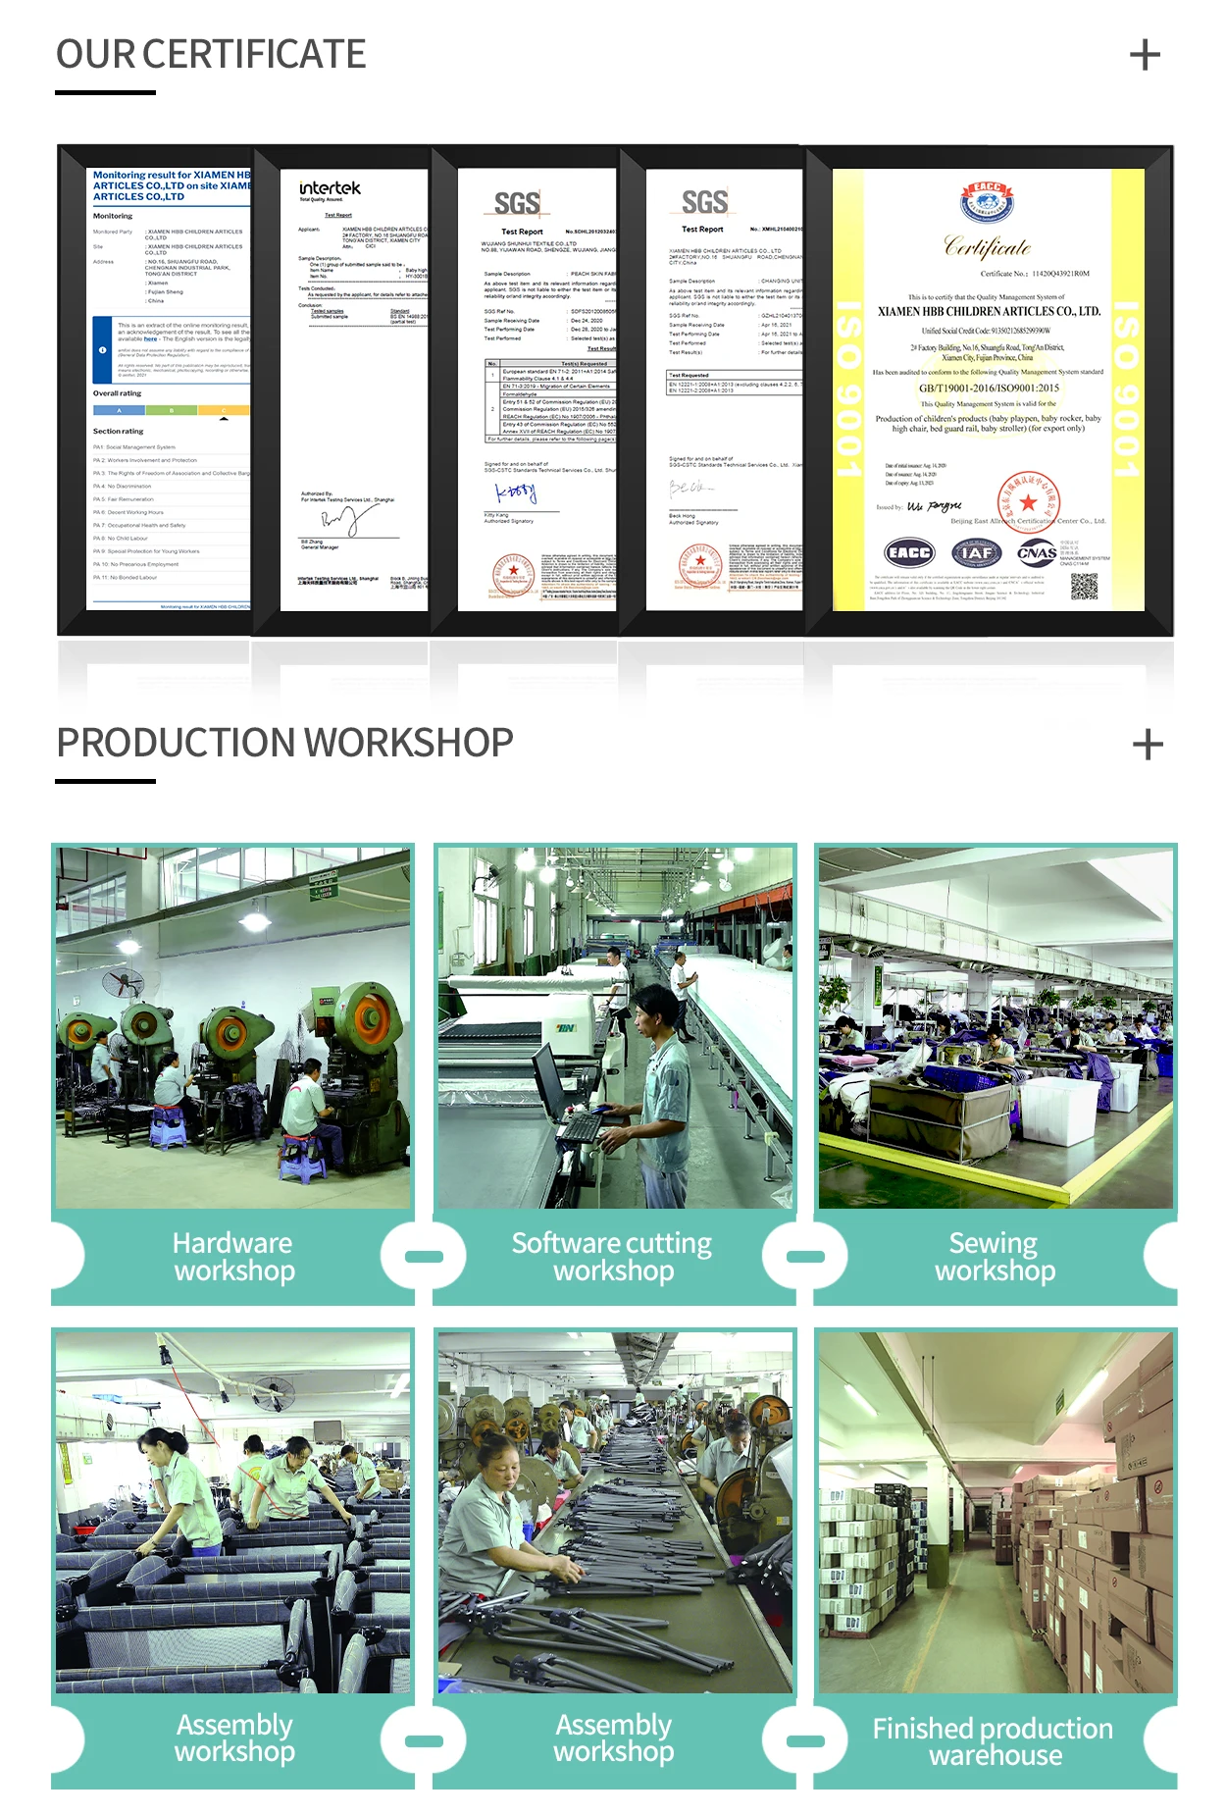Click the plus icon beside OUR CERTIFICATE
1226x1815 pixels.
(x=1145, y=55)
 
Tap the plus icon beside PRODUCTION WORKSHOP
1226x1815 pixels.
(x=1148, y=745)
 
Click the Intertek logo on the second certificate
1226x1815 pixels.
(x=330, y=188)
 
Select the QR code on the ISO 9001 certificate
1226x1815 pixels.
(x=1084, y=586)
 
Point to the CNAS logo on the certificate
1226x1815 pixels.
(x=1037, y=553)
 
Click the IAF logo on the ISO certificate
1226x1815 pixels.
(x=976, y=553)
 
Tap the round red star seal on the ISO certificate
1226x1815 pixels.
(x=1028, y=501)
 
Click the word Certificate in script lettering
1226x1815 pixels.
(x=987, y=247)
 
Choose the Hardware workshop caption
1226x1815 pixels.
(x=233, y=1257)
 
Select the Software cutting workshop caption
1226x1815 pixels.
(x=613, y=1257)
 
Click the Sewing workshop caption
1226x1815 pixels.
(x=995, y=1257)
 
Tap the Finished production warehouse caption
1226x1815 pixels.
(x=994, y=1741)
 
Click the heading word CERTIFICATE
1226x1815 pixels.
(x=254, y=55)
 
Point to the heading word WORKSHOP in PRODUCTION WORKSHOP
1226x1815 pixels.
(x=416, y=744)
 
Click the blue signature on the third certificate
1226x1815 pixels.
(x=516, y=493)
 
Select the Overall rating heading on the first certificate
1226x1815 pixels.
(x=118, y=393)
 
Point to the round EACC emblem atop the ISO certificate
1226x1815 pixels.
(x=987, y=202)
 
